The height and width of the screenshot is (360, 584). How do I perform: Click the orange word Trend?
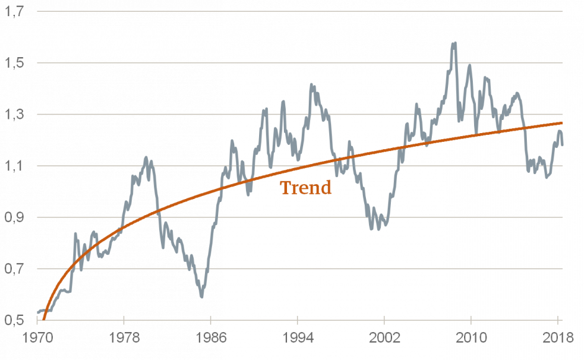305,188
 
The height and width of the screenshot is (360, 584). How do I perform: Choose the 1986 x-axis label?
211,341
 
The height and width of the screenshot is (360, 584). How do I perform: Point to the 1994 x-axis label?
298,341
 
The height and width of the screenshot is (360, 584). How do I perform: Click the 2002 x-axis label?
385,341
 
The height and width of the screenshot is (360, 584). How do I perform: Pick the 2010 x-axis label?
471,341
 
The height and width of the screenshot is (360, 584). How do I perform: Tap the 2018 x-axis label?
557,341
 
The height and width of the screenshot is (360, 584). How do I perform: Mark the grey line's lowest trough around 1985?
201,297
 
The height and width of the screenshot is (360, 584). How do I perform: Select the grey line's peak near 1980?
146,157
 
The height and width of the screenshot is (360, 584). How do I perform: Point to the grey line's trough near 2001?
378,228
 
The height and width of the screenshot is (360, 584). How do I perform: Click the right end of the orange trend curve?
562,123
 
